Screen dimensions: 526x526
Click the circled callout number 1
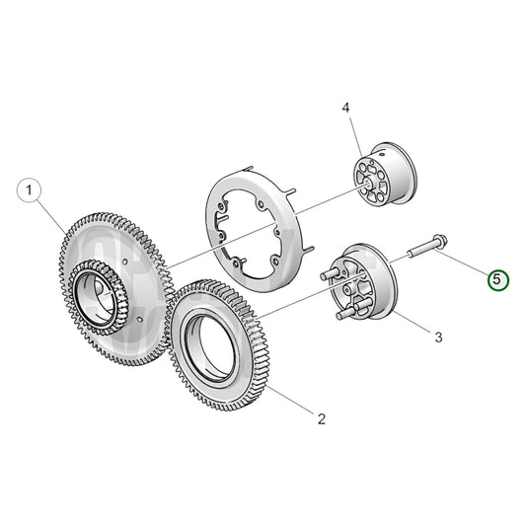29,190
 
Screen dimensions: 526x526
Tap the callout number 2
322,418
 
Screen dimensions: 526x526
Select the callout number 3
438,337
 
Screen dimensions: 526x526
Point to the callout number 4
345,108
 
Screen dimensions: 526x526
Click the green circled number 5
498,279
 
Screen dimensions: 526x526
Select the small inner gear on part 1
99,297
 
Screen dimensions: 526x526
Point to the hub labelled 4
385,175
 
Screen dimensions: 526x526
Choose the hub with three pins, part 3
360,282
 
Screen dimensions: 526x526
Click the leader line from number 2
292,400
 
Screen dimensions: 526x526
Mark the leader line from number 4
355,136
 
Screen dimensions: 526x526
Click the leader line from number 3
412,321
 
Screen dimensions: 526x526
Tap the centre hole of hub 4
368,184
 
